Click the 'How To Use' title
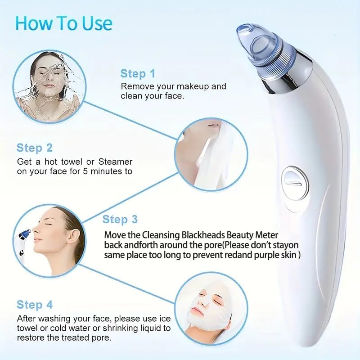[63, 23]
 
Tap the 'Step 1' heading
[138, 74]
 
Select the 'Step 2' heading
[35, 148]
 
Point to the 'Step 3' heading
[120, 220]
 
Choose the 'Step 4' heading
[35, 305]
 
